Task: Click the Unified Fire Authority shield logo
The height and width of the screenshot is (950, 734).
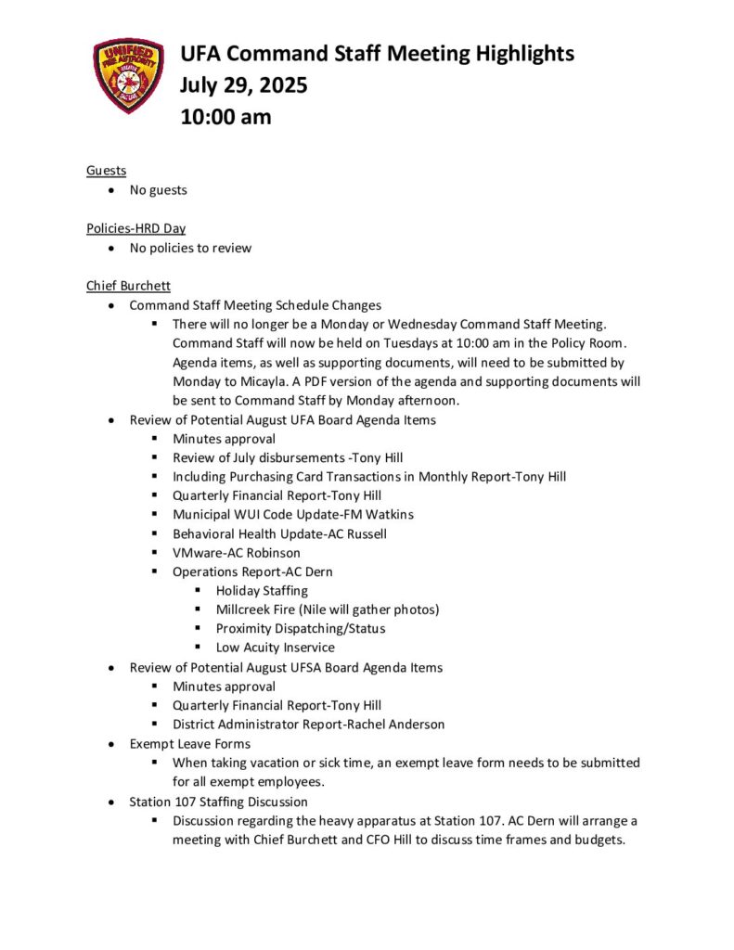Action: point(128,76)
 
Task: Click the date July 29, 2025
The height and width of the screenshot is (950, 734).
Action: point(244,85)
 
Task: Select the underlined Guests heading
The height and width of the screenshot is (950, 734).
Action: point(107,170)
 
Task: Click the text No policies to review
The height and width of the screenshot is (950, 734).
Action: point(190,248)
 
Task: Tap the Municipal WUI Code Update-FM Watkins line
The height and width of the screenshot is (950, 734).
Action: point(293,514)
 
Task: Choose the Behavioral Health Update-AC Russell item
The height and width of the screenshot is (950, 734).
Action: point(279,533)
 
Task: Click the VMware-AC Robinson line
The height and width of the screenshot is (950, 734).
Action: point(237,552)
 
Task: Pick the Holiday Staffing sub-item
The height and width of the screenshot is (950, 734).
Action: point(262,590)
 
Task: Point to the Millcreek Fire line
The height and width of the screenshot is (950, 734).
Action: point(328,610)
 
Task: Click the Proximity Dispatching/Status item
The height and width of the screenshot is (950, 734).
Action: point(301,628)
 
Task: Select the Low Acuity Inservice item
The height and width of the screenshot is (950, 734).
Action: point(276,648)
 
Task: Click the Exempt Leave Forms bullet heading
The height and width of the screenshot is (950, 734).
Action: point(189,743)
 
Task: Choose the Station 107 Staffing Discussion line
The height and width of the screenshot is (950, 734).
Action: point(218,801)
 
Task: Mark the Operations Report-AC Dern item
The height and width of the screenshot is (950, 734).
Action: point(252,571)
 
